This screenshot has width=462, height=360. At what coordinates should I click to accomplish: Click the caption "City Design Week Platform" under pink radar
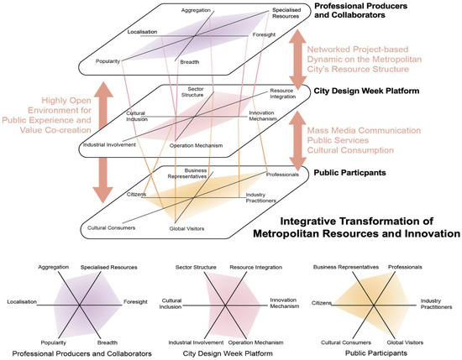225,352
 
